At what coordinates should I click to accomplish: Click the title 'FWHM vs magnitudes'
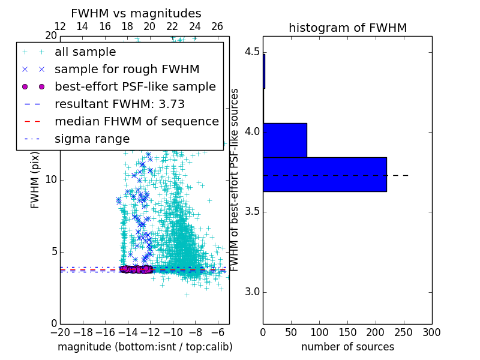(136, 13)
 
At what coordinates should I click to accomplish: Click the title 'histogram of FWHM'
(347, 28)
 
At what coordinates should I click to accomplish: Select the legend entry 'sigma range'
(92, 139)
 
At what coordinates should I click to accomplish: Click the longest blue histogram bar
(325, 175)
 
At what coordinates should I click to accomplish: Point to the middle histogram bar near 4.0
(285, 140)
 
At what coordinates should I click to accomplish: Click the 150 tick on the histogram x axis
(347, 332)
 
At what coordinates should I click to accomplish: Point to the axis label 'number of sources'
(347, 347)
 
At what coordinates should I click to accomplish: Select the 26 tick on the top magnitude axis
(217, 26)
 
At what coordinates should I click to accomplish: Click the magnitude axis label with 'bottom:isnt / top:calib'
(145, 347)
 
